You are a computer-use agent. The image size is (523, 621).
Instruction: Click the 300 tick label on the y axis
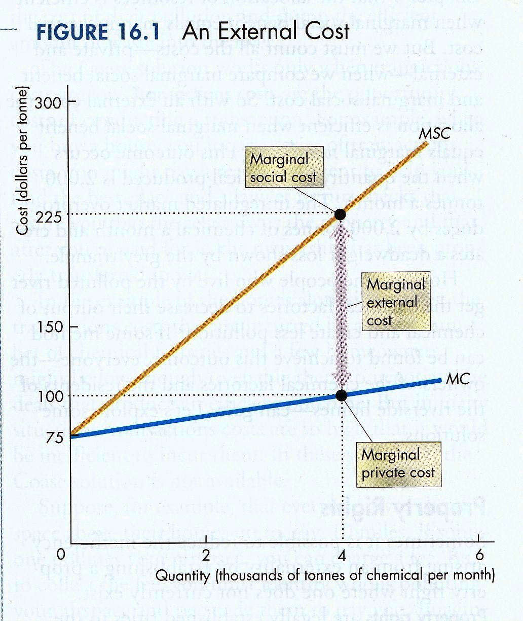tap(48, 103)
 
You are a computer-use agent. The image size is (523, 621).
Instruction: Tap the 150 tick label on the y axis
tap(48, 327)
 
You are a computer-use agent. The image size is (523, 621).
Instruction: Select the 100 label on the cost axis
tap(49, 396)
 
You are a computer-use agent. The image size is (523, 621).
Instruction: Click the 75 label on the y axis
tap(53, 437)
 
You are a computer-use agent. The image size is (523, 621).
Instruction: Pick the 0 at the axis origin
tap(60, 554)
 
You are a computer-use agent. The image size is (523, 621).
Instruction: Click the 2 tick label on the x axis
tap(205, 554)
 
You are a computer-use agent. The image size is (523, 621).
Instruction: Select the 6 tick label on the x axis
tap(480, 554)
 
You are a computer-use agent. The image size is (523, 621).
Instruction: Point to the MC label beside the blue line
tap(457, 378)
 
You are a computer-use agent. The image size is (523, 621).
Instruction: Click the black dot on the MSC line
tap(340, 214)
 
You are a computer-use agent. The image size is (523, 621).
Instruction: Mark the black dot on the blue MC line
tap(342, 395)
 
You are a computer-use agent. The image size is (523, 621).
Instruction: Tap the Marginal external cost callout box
tap(396, 303)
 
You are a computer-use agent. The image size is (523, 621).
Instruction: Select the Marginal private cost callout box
tap(398, 464)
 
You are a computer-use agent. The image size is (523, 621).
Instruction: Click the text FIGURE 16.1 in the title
tap(99, 31)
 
